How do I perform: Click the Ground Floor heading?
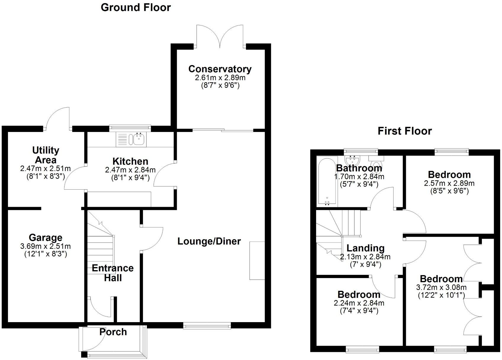[x=136, y=7]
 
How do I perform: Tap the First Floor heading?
[x=405, y=131]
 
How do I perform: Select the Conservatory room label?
[x=220, y=69]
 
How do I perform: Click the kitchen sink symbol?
[x=139, y=139]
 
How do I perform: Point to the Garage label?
[x=46, y=238]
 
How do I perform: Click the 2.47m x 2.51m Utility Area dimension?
[x=46, y=169]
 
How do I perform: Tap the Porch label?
[x=113, y=332]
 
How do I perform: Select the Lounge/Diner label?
[x=209, y=241]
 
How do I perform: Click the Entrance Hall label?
[x=113, y=273]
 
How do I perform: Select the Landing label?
[x=366, y=248]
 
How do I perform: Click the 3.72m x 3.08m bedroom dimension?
[x=441, y=287]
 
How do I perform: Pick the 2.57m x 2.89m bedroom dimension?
[x=449, y=183]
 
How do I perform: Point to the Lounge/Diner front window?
[x=207, y=326]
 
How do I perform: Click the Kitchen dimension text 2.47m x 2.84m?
[x=130, y=170]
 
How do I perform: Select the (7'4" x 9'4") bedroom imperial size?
[x=359, y=311]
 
